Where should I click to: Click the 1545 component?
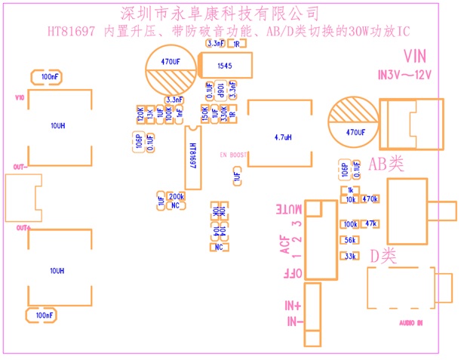225,66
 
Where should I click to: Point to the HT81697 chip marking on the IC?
192,158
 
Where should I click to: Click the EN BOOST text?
234,153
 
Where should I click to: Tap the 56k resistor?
350,240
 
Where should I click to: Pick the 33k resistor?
350,257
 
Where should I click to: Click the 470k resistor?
370,199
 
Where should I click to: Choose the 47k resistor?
370,224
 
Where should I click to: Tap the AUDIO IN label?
410,323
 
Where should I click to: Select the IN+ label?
293,306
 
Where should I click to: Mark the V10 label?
20,98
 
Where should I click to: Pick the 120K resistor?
140,114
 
